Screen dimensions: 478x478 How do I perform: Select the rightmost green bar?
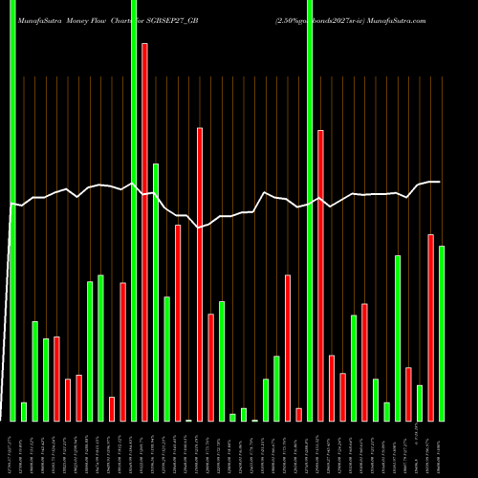pos(442,334)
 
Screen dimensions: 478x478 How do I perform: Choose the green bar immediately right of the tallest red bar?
pos(156,293)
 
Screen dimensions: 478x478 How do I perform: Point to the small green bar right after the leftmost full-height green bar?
pos(24,412)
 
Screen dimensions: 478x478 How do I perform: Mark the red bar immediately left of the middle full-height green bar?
pos(123,352)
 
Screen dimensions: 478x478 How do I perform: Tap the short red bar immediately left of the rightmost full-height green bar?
pos(298,414)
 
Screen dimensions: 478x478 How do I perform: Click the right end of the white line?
pos(439,182)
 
